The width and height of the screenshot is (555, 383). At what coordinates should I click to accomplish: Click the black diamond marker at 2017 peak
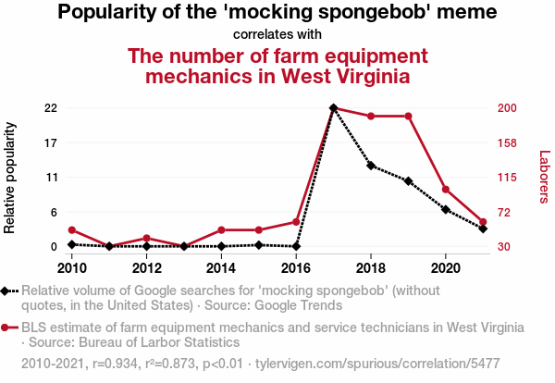tap(333, 108)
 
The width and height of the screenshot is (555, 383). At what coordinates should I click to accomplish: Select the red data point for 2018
tap(371, 116)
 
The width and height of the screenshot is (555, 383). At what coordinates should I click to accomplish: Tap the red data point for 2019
tap(408, 116)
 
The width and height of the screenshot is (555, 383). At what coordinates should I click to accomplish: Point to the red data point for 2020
tap(446, 190)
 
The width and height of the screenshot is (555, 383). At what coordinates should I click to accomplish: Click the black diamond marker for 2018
tap(371, 166)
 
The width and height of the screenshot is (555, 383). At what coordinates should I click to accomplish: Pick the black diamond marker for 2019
tap(408, 181)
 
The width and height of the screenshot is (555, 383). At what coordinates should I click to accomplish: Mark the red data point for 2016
tap(296, 222)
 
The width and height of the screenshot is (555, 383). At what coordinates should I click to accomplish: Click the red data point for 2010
tap(72, 230)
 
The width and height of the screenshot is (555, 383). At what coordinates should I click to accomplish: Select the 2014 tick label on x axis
tap(221, 268)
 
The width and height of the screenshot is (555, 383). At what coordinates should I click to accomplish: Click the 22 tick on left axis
tap(52, 108)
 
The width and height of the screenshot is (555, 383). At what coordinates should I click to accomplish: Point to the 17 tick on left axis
tap(52, 143)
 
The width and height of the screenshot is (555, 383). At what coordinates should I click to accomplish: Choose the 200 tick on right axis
tap(507, 108)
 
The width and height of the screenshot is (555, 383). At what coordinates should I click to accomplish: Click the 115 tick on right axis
tap(507, 178)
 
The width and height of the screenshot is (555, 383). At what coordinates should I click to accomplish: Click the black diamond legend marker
tap(7, 290)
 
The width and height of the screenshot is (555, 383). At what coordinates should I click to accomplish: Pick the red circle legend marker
tap(7, 327)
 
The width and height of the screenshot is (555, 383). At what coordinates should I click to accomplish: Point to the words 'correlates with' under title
tap(277, 35)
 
